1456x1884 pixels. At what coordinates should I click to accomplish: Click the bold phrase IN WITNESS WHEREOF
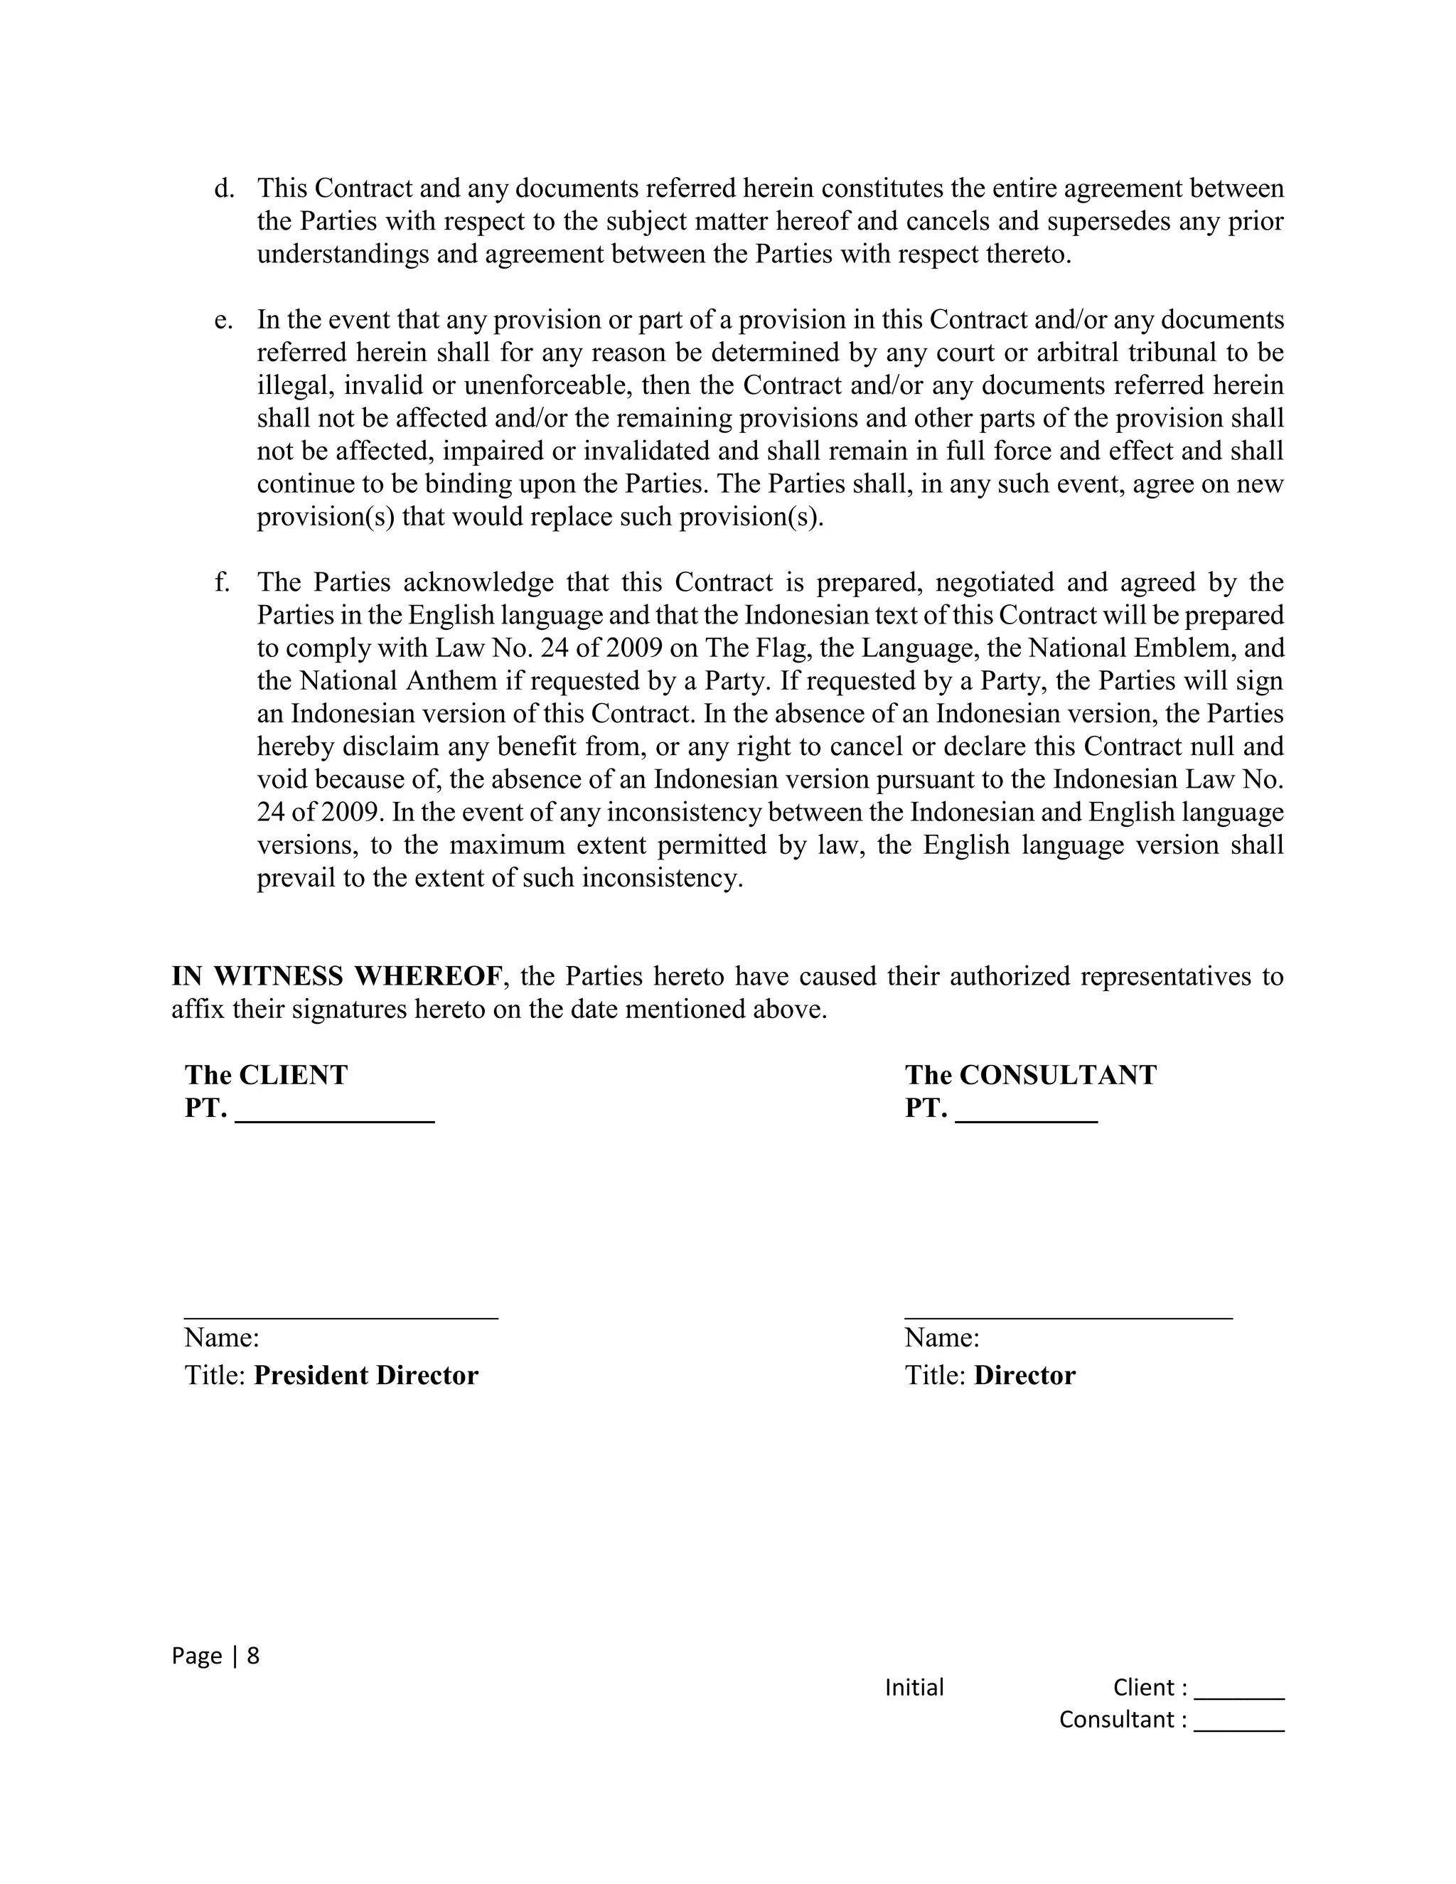(336, 977)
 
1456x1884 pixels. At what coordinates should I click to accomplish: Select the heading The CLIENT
(266, 1075)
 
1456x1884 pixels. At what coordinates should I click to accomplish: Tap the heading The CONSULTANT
(1030, 1075)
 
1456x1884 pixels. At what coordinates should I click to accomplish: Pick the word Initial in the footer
(914, 1687)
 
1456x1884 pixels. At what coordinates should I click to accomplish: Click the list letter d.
(223, 188)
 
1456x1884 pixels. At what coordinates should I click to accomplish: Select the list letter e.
(223, 320)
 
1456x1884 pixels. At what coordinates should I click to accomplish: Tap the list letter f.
(222, 582)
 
